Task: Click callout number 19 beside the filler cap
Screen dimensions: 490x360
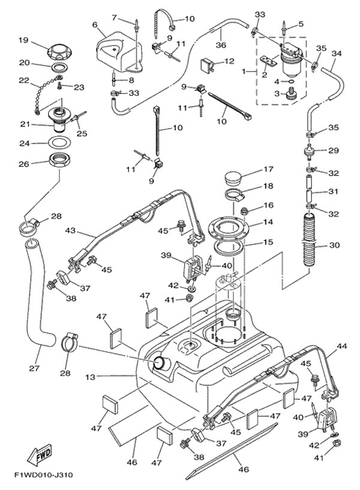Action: point(23,40)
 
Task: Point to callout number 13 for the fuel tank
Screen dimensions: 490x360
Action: point(90,377)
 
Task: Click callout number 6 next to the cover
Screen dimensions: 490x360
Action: point(95,25)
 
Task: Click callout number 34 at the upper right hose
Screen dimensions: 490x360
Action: point(337,54)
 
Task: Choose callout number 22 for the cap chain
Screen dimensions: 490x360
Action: point(24,80)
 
